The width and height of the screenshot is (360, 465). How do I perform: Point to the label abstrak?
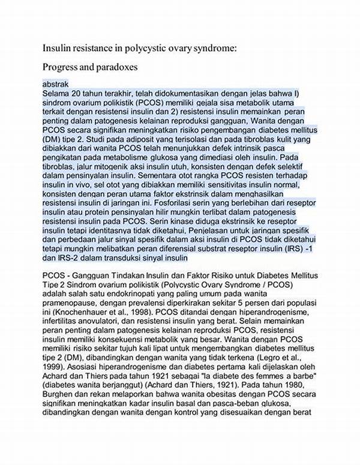[x=56, y=84]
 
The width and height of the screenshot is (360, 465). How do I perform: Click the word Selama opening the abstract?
[x=58, y=94]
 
